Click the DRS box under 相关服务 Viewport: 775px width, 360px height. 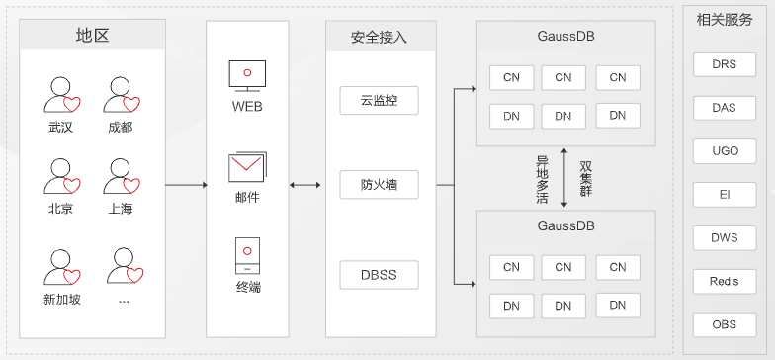point(724,66)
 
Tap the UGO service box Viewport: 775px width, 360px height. point(724,151)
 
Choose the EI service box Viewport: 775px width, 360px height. point(724,195)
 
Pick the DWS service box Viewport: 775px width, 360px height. point(724,237)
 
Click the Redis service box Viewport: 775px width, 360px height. point(724,281)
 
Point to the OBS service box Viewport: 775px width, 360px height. point(724,323)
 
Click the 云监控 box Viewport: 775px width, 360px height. point(379,100)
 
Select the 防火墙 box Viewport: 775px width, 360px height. point(379,185)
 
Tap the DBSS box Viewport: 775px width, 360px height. point(379,274)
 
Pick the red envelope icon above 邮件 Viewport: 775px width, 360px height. point(246,166)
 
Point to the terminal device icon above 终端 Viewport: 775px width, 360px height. point(247,256)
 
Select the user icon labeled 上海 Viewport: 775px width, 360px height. point(122,178)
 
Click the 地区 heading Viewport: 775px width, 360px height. point(92,36)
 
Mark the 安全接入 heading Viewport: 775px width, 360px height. point(379,38)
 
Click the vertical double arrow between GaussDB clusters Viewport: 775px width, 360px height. point(563,178)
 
